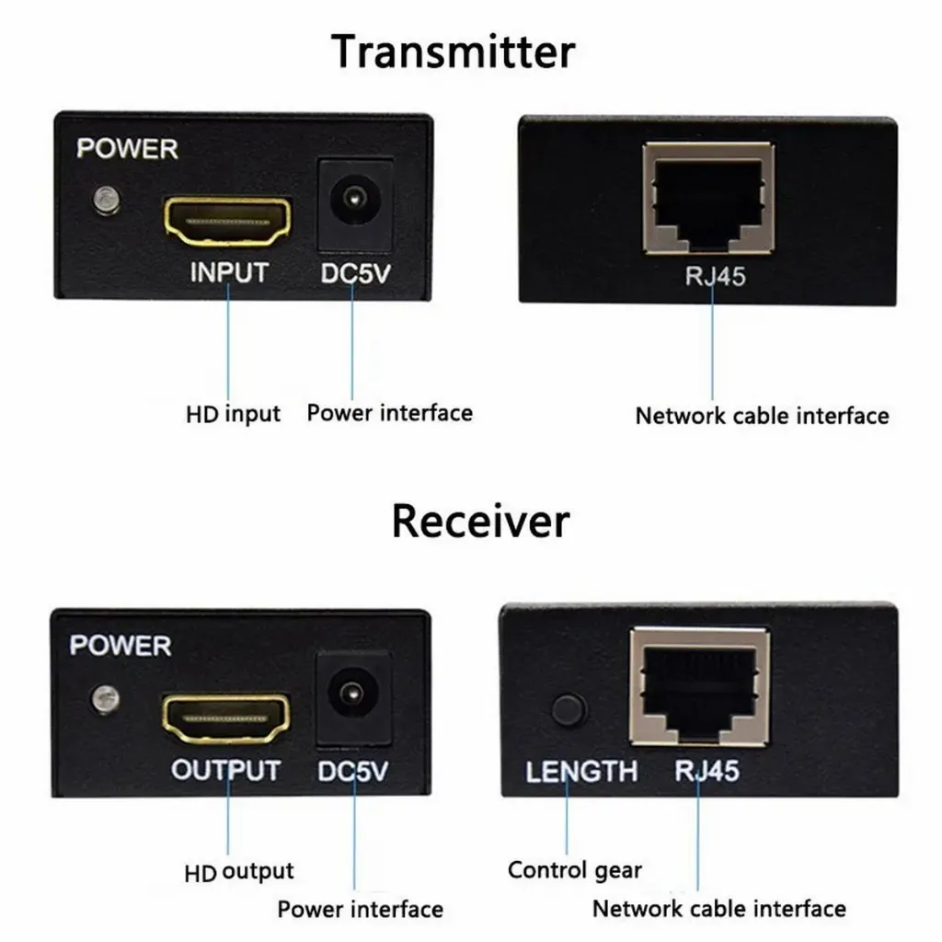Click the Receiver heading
480,521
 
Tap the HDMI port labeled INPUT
227,221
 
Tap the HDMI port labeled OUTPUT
226,718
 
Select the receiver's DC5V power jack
352,695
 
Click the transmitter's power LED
107,199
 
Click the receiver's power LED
105,698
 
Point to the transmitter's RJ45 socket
708,197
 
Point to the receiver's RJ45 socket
699,685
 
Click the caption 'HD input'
233,414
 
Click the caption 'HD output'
238,871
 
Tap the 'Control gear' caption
575,869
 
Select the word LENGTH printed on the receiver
581,771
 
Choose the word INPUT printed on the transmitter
228,272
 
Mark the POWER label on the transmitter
127,148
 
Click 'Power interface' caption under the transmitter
389,413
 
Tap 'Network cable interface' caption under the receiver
718,909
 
